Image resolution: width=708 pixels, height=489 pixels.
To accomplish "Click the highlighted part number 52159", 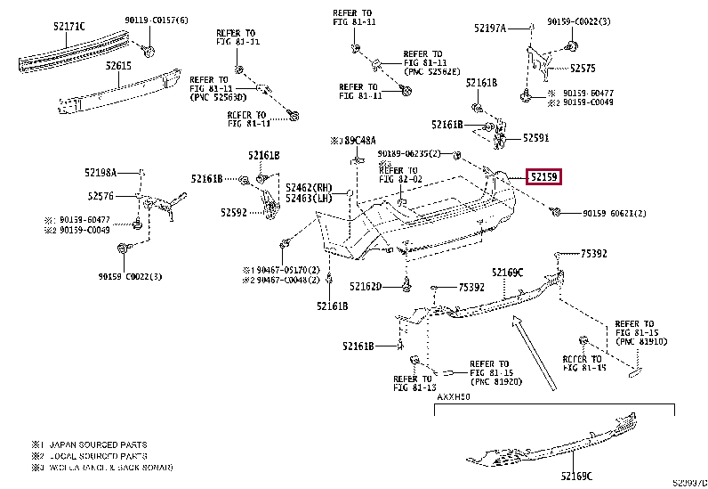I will coord(543,177).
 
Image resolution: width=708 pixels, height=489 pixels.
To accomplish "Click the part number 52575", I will coord(583,68).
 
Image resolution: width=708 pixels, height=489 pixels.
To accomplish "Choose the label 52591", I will coord(535,138).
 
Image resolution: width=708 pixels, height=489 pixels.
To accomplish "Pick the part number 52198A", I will coord(102,171).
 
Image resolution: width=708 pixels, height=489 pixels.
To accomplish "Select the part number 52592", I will coord(236,212).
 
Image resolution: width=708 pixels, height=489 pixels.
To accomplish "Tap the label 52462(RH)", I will coord(309,187).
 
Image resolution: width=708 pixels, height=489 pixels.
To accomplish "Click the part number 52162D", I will coord(366,287).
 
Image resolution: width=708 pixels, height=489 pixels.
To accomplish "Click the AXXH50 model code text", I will coord(453,393).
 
